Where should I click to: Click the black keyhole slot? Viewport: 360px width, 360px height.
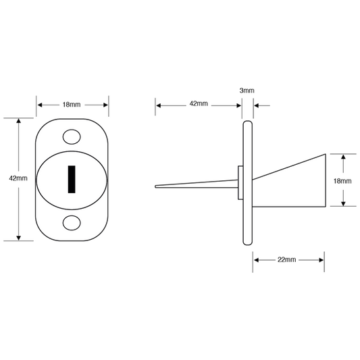72,179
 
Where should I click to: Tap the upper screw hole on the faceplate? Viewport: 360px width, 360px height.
72,137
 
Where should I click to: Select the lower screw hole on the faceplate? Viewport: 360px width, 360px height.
72,223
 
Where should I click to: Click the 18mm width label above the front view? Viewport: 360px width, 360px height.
72,105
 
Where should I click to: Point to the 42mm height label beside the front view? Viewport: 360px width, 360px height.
18,178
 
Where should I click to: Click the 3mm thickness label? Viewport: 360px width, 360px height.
247,91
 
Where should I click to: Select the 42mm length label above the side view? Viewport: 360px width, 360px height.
199,104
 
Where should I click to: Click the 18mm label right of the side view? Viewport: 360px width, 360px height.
342,181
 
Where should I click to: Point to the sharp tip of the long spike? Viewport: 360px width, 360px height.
155,186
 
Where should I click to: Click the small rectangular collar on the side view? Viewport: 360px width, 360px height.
240,183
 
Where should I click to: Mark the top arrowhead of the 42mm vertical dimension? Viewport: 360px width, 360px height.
19,121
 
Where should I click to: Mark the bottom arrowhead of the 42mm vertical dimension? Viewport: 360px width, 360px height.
19,238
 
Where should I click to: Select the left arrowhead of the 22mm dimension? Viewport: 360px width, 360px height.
257,260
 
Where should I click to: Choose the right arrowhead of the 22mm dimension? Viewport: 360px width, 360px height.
322,260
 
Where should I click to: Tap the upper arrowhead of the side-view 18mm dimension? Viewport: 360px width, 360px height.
343,157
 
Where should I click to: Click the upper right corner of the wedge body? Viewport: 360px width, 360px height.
325,154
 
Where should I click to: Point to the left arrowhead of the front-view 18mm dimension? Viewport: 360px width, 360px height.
40,105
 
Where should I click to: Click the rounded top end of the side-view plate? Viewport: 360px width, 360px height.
248,122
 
